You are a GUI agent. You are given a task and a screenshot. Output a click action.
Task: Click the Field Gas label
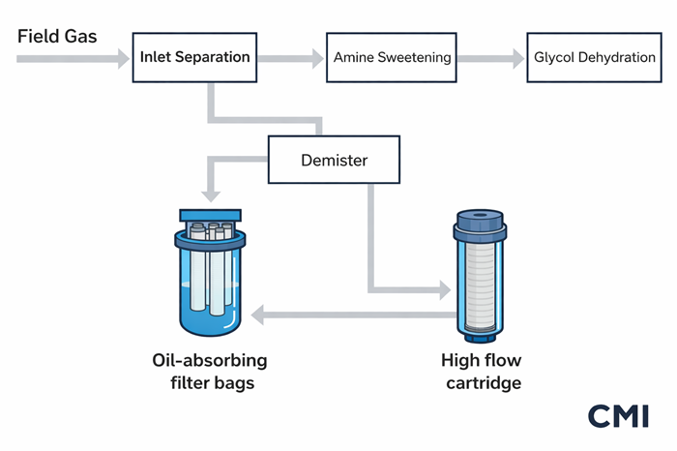tap(59, 36)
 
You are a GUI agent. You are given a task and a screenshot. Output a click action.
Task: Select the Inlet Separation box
tap(194, 57)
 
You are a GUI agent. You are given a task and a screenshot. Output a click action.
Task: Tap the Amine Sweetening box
tap(392, 57)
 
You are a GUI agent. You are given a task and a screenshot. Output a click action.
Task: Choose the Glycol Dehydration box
tap(594, 57)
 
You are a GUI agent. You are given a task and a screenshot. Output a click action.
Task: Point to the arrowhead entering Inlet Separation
tap(122, 58)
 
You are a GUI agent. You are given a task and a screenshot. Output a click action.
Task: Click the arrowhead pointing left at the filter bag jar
tap(258, 314)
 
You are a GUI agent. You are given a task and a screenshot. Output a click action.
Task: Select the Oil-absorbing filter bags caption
tap(210, 373)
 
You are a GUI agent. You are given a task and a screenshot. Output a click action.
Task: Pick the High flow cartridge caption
tap(482, 373)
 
